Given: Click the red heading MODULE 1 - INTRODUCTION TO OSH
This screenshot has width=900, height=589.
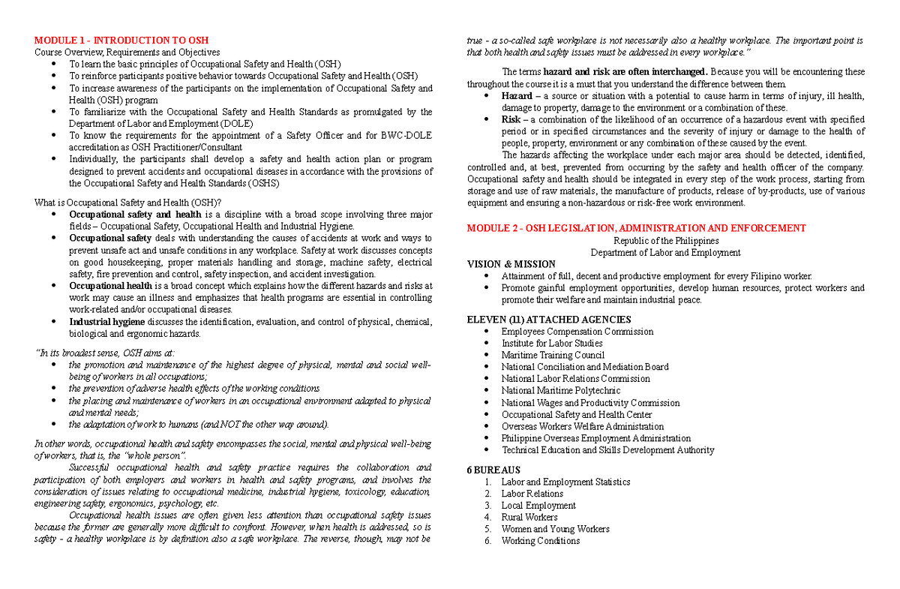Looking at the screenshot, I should coord(121,40).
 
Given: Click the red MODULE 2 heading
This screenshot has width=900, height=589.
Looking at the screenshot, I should coord(636,228).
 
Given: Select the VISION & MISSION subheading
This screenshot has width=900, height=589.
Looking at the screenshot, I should coord(511,264).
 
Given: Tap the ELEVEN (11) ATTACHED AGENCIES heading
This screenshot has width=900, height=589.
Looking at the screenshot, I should coord(548,320).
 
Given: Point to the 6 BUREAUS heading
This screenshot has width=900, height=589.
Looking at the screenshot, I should coord(493,470).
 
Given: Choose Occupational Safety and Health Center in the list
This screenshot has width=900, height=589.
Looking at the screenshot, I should coord(576,414).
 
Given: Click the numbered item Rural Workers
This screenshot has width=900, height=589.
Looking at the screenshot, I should coord(529,517).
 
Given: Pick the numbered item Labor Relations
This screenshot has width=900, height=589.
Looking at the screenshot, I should coord(532,494).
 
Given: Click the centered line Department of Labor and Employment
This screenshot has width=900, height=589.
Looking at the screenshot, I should coord(665,253).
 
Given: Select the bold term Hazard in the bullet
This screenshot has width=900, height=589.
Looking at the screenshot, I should coord(517,96).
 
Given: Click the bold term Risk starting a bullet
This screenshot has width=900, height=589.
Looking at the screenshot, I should coord(511,119).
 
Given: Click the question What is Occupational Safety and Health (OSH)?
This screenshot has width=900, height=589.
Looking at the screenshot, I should coord(128,203).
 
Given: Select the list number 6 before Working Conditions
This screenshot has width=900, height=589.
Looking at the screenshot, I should coord(487,541).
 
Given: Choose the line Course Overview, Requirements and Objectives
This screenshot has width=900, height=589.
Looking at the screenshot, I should coord(127,52).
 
